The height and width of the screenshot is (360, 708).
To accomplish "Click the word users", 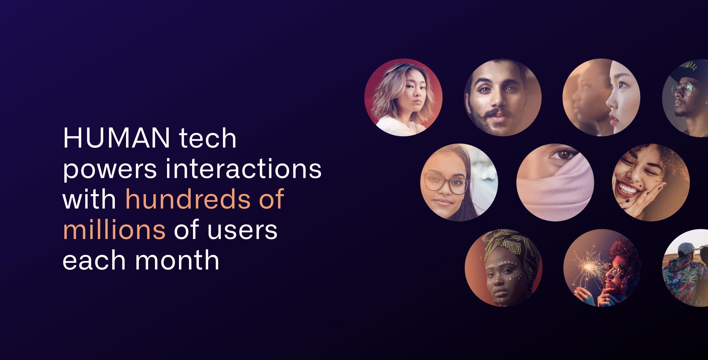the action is coord(242,231).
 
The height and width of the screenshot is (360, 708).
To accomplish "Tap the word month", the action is coord(177,260).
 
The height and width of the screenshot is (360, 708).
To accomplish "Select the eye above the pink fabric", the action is coord(563,155).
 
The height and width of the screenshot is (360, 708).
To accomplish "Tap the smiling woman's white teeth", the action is coord(627,189).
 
